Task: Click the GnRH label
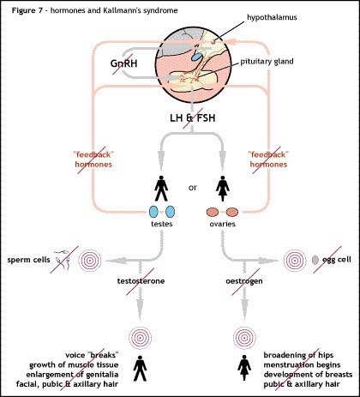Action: pos(123,63)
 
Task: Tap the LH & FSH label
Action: pos(193,117)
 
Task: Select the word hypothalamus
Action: pos(272,17)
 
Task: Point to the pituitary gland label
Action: pos(267,62)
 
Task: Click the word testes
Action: pos(162,224)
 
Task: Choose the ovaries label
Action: pos(223,224)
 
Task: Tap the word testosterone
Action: pos(141,281)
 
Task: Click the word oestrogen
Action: pos(244,281)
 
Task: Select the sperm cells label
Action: pos(28,260)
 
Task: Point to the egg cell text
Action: pos(337,260)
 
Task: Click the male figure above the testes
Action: pos(161,189)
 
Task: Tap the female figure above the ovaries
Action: pos(223,189)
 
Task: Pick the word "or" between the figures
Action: pos(193,188)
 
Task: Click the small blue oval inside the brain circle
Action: pos(196,57)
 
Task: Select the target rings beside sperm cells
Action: pos(90,261)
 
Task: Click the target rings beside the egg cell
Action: pos(295,261)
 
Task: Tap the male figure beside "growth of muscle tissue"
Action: pos(140,368)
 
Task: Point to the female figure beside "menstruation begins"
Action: pos(244,368)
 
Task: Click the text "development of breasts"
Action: pos(308,375)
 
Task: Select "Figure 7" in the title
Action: pos(27,10)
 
